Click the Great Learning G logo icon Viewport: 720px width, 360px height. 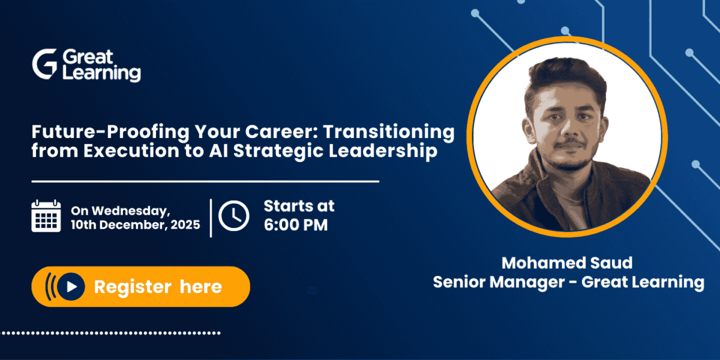pyautogui.click(x=45, y=64)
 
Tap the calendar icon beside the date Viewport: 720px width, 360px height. pyautogui.click(x=46, y=215)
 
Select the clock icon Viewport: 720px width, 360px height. pyautogui.click(x=233, y=215)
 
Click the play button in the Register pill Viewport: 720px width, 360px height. pyautogui.click(x=71, y=286)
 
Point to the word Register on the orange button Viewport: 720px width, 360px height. pyautogui.click(x=133, y=287)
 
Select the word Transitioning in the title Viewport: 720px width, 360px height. pyautogui.click(x=389, y=133)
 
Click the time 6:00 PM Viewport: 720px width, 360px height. pyautogui.click(x=296, y=224)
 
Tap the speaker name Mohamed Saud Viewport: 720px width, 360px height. pyautogui.click(x=567, y=263)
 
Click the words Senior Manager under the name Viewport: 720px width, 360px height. pyautogui.click(x=499, y=282)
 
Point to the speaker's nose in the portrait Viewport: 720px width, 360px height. pyautogui.click(x=570, y=128)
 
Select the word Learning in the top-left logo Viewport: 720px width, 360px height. pyautogui.click(x=101, y=73)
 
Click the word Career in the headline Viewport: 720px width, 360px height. pyautogui.click(x=281, y=132)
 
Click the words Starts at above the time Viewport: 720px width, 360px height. pyautogui.click(x=299, y=206)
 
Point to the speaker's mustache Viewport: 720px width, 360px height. pyautogui.click(x=571, y=142)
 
